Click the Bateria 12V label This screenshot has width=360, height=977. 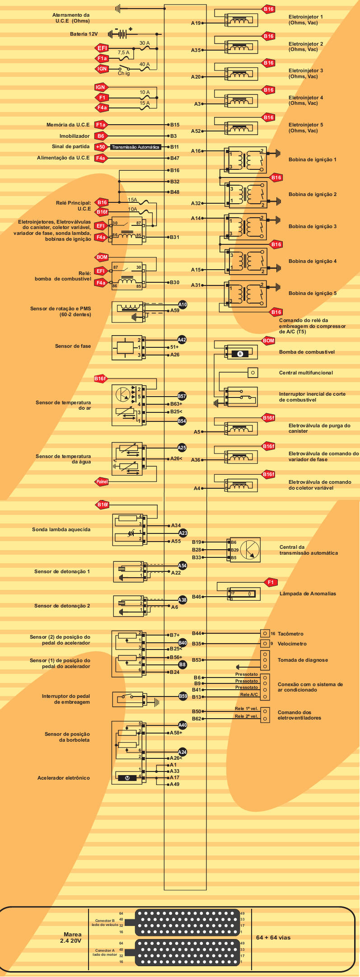[84, 34]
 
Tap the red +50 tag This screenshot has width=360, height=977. [100, 147]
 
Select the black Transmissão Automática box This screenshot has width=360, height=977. [136, 147]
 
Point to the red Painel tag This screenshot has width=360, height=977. [102, 482]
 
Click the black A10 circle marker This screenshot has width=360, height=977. [182, 304]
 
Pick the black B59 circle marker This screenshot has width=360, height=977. [183, 696]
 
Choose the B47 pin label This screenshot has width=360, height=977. [175, 158]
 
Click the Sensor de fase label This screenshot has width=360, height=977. [73, 346]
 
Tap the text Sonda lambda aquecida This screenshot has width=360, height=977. [61, 529]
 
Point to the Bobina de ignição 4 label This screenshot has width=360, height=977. [313, 261]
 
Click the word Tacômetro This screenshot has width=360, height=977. [290, 634]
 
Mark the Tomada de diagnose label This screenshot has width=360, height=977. [303, 660]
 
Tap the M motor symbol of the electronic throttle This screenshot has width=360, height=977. [127, 778]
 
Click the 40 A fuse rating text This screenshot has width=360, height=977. [145, 64]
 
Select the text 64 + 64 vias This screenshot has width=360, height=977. [273, 937]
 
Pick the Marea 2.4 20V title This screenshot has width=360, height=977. [72, 938]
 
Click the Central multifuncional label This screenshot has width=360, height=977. [306, 373]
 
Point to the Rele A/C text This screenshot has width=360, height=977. [249, 694]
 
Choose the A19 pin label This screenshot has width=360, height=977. [196, 23]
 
